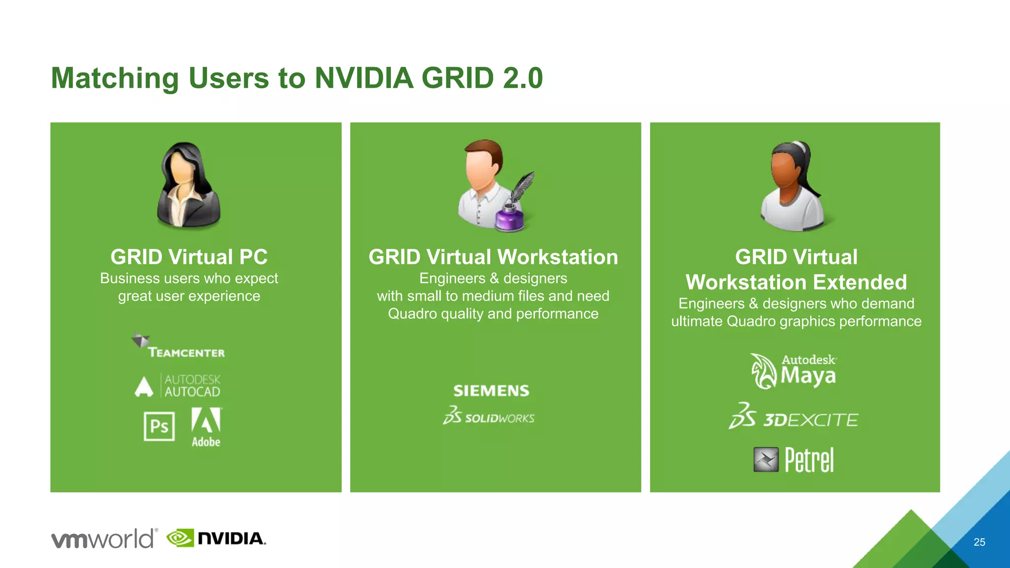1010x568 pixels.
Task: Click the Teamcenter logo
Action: click(x=179, y=346)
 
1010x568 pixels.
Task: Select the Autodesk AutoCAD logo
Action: click(x=178, y=386)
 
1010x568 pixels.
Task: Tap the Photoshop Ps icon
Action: click(x=159, y=426)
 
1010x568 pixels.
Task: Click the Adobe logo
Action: click(x=206, y=427)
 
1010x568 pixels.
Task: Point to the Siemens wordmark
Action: click(x=491, y=391)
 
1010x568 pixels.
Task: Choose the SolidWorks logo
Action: click(x=489, y=416)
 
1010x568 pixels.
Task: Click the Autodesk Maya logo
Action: click(x=794, y=371)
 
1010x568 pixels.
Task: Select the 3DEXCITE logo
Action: click(x=794, y=417)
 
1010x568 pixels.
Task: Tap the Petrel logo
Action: click(x=794, y=460)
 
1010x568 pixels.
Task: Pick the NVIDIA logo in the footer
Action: click(x=216, y=538)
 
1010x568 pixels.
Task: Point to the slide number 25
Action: click(x=979, y=542)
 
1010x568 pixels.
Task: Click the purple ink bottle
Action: click(x=509, y=218)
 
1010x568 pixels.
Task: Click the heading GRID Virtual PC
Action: click(x=189, y=257)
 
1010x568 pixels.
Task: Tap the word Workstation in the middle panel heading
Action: click(x=557, y=257)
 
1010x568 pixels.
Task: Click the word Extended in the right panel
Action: click(x=860, y=282)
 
